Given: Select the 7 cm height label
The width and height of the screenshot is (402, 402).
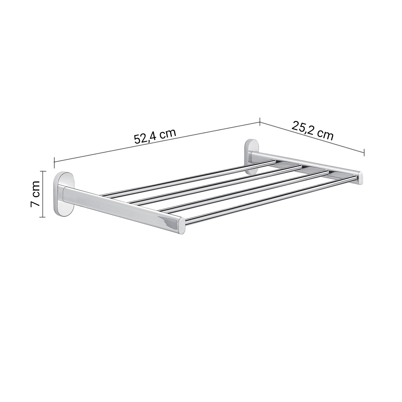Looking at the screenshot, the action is tap(35, 193).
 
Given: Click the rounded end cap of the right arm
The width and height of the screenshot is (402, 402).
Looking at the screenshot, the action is tap(360, 177).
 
